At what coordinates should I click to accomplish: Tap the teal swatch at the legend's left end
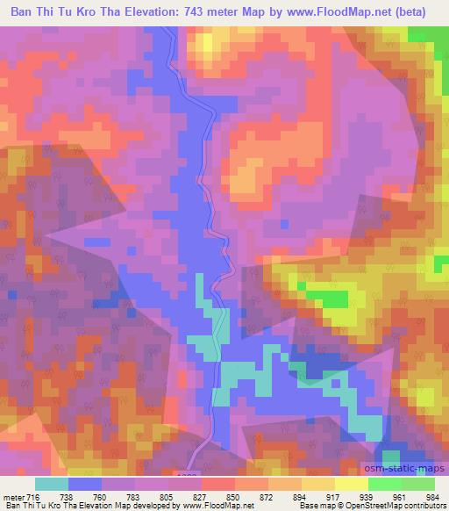click(52, 485)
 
